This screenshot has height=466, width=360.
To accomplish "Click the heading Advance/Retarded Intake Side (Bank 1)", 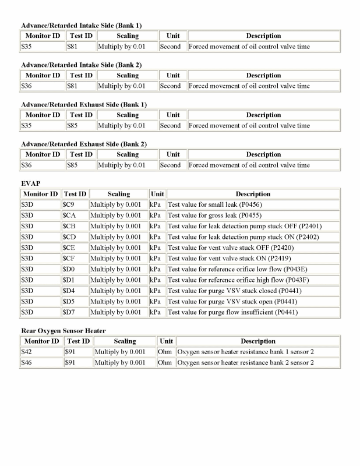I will (81, 25).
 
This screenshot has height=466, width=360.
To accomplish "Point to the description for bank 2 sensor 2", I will (245, 363).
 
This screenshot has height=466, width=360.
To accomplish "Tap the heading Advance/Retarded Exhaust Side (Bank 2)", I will (83, 144).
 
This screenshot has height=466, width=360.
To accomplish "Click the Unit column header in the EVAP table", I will (157, 194).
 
